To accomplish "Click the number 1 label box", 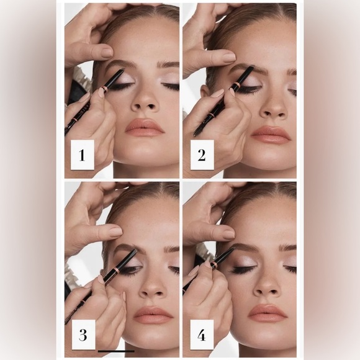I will (82, 155).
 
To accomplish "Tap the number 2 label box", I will (201, 155).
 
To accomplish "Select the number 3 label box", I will (83, 336).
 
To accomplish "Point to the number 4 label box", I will (201, 336).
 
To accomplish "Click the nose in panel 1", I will (143, 99).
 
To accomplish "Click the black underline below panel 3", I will (115, 351).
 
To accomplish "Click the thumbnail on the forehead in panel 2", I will (228, 57).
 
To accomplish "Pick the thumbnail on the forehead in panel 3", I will (115, 232).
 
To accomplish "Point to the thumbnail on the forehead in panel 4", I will (228, 234).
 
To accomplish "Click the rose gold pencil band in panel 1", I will (105, 89).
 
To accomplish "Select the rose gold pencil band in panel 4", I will (214, 265).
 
